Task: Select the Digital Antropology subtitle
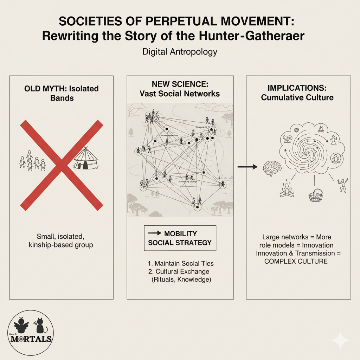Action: (x=180, y=52)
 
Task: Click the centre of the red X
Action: (x=62, y=164)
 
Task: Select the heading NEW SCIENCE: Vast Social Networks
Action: (x=180, y=89)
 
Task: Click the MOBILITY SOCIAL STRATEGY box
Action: (x=180, y=238)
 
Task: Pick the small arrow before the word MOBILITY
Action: (x=153, y=233)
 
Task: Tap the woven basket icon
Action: (x=315, y=195)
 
